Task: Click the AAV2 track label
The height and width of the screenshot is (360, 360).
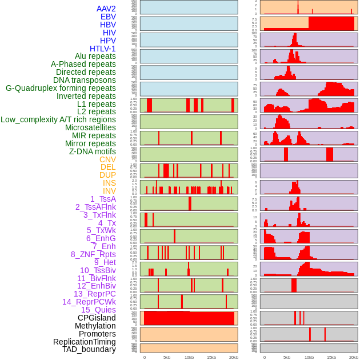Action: coord(106,9)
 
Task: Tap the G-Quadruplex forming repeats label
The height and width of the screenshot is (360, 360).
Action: coord(61,88)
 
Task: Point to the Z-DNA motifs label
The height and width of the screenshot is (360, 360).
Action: coord(92,151)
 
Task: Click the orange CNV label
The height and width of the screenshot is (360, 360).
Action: coord(107,159)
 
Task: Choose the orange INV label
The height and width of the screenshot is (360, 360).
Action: coord(109,191)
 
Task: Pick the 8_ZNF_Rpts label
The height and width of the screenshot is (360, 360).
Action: coord(93,254)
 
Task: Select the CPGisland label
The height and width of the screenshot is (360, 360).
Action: coord(97,318)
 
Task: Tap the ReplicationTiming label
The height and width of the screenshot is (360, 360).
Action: coord(84,342)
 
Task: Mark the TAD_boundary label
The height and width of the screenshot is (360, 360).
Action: coord(89,349)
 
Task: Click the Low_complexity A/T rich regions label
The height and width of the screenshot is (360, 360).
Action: coord(58,119)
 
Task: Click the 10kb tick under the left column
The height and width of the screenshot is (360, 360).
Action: coord(189,357)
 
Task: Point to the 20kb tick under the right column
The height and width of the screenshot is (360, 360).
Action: coord(354,357)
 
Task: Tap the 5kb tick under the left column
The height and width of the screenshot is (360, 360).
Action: coord(167,357)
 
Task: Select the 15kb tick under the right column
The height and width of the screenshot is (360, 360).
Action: coord(331,357)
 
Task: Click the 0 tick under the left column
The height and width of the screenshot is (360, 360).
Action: coord(145,357)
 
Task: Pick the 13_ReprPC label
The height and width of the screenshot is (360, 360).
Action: coord(94,294)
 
